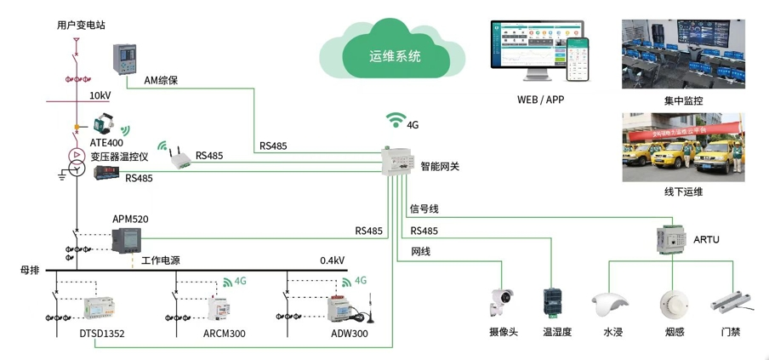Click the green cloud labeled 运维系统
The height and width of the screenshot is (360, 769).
(395, 53)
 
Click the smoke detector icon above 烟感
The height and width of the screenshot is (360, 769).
(672, 303)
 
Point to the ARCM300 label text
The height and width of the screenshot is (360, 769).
(223, 334)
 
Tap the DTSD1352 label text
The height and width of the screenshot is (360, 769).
(101, 334)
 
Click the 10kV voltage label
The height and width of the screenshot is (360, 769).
(100, 95)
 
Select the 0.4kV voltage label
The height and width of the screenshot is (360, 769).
(332, 260)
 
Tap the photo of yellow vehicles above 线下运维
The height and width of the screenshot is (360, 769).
(683, 146)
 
